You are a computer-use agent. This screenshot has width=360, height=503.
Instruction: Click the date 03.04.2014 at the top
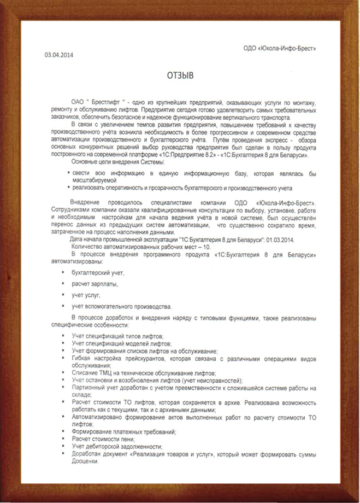coord(58,55)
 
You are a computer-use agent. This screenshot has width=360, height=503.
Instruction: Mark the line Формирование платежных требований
coord(123,431)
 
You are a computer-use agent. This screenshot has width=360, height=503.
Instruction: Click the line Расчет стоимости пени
coord(103,439)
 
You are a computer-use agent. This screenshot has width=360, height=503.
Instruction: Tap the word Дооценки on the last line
coord(85,462)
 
